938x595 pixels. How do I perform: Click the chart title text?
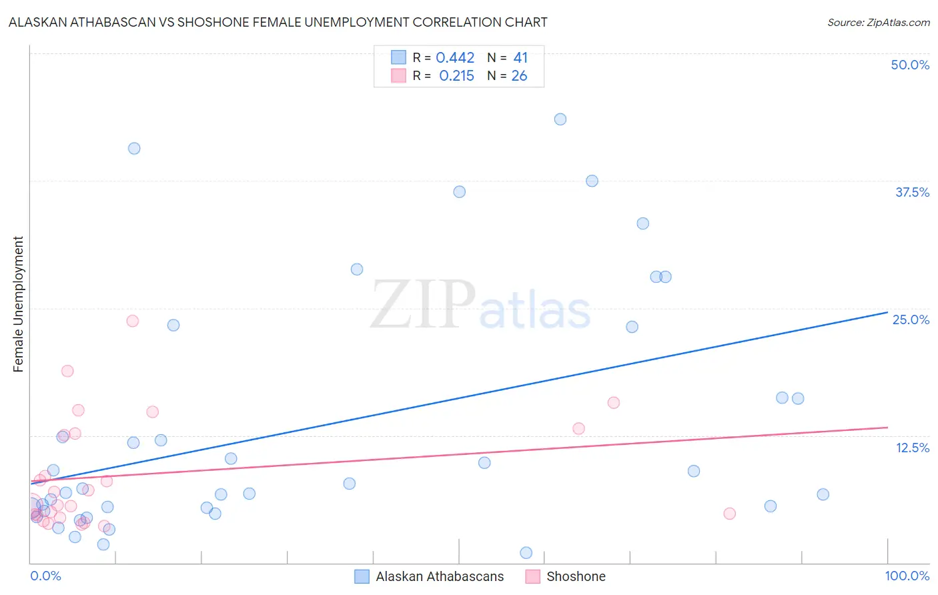coord(278,23)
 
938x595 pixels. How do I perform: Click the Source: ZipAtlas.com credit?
coord(878,23)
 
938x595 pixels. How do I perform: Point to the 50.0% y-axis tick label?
coord(910,65)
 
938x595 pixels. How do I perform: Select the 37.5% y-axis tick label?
coord(912,192)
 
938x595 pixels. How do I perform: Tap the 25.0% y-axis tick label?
coord(911,320)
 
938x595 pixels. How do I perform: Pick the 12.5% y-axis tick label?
coord(912,448)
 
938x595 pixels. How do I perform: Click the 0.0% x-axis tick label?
coord(45,576)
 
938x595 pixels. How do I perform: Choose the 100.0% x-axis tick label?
coord(907,576)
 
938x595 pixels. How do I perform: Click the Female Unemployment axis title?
coord(18,304)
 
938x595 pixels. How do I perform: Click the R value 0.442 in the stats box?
coord(455,58)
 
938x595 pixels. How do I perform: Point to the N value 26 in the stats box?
coord(519,76)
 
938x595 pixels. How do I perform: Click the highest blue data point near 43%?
coord(560,119)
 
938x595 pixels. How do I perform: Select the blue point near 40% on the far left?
coord(134,149)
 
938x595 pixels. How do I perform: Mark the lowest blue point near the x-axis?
coord(526,552)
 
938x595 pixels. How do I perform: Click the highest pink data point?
coord(133,321)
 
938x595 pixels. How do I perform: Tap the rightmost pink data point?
coord(729,514)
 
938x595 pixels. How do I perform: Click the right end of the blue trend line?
coord(887,312)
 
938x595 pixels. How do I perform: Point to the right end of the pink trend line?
coord(887,427)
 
